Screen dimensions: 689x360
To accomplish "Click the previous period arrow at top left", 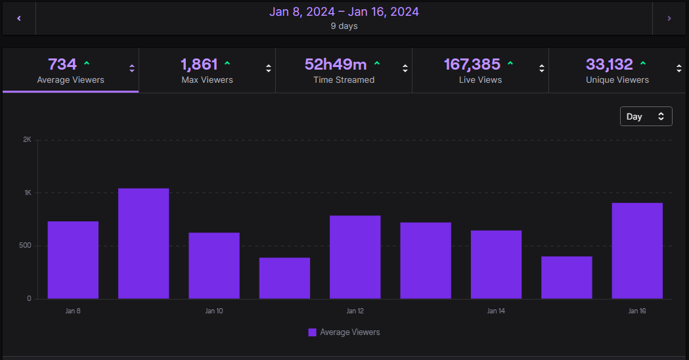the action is point(19,18).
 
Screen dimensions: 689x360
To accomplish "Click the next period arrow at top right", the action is point(669,18).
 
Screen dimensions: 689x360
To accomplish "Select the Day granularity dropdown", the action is point(646,116).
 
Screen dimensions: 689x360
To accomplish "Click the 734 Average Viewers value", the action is point(62,64).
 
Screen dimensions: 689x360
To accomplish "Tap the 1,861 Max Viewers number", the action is point(199,64).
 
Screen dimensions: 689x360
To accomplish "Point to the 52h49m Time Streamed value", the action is point(336,64).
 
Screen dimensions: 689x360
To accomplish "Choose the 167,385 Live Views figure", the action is point(472,64).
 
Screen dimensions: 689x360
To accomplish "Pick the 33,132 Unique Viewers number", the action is point(609,64).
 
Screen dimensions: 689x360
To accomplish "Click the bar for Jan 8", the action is point(73,260).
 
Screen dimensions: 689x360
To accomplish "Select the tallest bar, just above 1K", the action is point(144,244).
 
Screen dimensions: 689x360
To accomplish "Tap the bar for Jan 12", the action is point(355,257).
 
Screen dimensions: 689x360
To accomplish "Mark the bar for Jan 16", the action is point(637,251).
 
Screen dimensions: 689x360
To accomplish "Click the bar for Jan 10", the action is point(214,266).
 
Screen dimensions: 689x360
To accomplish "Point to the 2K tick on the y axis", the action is point(27,140).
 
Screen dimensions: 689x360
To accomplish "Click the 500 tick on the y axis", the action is point(25,245).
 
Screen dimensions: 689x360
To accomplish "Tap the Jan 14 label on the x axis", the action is point(496,311).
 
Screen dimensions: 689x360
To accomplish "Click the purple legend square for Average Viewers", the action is point(313,332).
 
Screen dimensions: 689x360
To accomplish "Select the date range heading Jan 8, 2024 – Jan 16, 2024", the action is point(344,12).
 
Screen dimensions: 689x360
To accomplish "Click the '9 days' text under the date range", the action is point(344,26).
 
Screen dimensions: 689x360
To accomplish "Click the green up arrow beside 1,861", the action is point(227,64).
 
